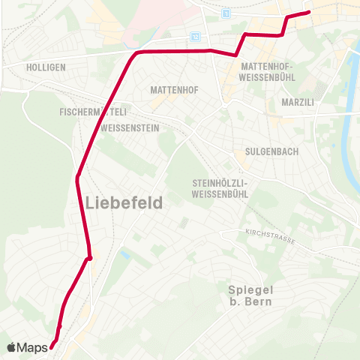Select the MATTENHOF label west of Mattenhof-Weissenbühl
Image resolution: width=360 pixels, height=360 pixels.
174,90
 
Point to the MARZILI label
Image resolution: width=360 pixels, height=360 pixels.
297,101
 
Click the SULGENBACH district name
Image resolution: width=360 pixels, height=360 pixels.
276,151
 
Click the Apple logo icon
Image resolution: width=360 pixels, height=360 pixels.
11,347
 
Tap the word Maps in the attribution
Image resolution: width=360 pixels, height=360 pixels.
32,348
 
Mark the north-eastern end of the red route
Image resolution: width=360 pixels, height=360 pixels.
309,13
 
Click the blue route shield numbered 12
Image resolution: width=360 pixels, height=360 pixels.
196,35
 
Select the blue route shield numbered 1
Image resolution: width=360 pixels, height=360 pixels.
226,14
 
